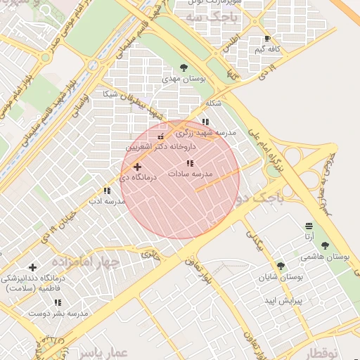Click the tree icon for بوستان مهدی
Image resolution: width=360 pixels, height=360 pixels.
[184, 68]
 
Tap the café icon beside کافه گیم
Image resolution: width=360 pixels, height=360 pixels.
[267, 39]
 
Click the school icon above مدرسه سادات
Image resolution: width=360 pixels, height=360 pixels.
[190, 163]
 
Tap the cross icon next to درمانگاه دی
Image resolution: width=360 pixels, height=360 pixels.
[136, 167]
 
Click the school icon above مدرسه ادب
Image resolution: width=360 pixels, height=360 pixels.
[107, 191]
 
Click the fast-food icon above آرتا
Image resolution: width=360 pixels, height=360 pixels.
[309, 226]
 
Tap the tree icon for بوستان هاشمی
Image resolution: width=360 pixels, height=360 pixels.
[324, 245]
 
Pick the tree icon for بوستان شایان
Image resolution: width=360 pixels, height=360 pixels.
[281, 266]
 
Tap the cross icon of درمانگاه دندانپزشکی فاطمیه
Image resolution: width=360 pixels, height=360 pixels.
[32, 267]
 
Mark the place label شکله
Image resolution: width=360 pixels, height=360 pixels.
[213, 103]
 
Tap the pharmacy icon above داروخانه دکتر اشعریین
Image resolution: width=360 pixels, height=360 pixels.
[160, 136]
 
